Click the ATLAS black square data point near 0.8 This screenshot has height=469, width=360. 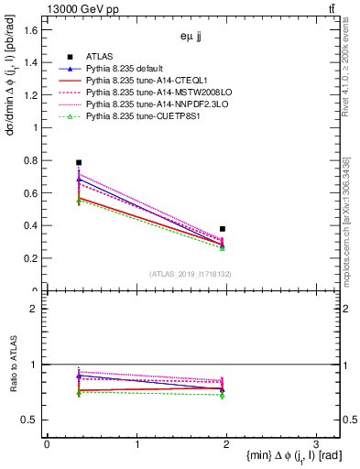click(x=79, y=162)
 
